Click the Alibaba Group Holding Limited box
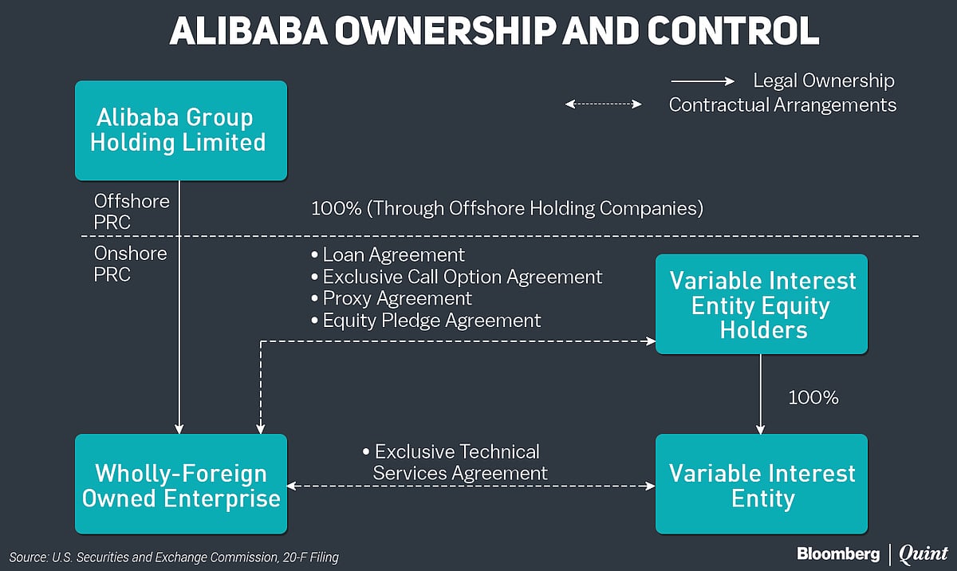pyautogui.click(x=180, y=130)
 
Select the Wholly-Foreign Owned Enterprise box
pyautogui.click(x=180, y=484)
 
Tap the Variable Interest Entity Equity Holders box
pyautogui.click(x=761, y=305)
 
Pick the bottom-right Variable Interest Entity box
pyautogui.click(x=761, y=484)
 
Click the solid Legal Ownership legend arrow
pyautogui.click(x=702, y=81)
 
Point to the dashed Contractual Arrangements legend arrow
pyautogui.click(x=603, y=104)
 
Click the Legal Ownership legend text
pyautogui.click(x=824, y=81)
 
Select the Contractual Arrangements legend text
pyautogui.click(x=782, y=104)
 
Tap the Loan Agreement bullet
pyautogui.click(x=388, y=255)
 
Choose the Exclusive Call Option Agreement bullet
pyautogui.click(x=456, y=277)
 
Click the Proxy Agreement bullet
pyautogui.click(x=391, y=298)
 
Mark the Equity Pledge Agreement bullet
pyautogui.click(x=426, y=321)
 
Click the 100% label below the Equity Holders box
pyautogui.click(x=813, y=397)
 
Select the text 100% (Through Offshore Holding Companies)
pyautogui.click(x=506, y=209)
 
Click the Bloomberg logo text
pyautogui.click(x=837, y=553)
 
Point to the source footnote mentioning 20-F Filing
pyautogui.click(x=174, y=557)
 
